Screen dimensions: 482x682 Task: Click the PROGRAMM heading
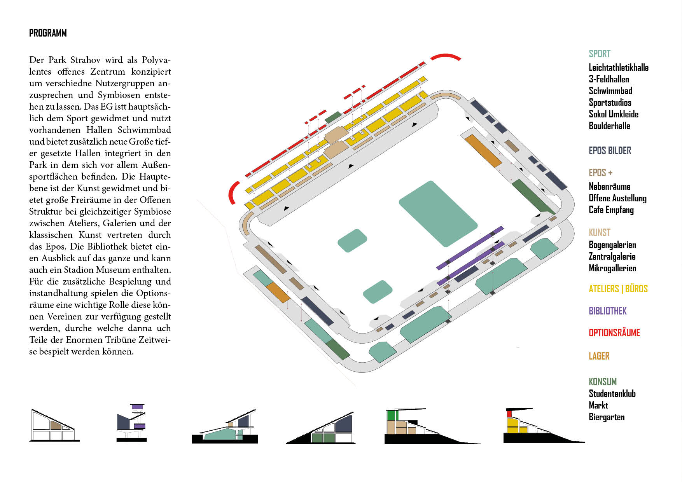(x=48, y=33)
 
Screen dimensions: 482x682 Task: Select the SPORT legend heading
(x=599, y=54)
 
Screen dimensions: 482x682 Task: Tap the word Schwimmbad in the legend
(x=610, y=91)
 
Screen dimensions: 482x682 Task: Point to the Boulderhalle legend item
(x=609, y=126)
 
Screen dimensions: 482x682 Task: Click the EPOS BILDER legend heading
(x=610, y=150)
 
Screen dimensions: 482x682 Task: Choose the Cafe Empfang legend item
(x=611, y=210)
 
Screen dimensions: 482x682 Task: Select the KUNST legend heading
(x=599, y=232)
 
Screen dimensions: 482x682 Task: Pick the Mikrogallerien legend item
(x=612, y=268)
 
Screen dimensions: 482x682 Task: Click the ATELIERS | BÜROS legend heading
(x=618, y=289)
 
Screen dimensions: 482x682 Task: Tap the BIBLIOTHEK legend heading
(x=607, y=311)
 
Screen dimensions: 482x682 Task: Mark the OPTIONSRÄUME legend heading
(x=614, y=333)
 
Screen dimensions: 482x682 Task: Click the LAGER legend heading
(x=599, y=356)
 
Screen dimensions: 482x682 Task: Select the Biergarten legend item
(x=606, y=417)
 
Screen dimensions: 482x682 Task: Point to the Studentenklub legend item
(x=612, y=394)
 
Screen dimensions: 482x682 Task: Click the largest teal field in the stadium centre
(x=438, y=213)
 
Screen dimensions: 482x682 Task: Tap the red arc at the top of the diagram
(x=446, y=57)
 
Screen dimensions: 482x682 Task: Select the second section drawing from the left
(x=132, y=423)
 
